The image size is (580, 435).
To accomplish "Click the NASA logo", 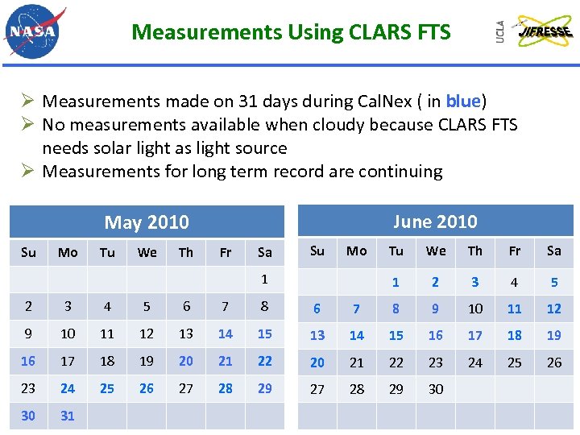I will [34, 32].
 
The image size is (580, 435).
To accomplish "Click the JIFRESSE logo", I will [544, 32].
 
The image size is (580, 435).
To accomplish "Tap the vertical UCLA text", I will [500, 32].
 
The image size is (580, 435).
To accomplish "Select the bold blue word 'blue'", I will [462, 101].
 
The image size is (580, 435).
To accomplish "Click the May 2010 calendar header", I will [147, 222].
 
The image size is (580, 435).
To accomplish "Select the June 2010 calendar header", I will [435, 222].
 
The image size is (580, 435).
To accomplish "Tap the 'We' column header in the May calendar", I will [147, 253].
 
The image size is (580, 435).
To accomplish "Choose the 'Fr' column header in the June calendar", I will [515, 251].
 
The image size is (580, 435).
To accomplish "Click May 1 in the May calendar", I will [264, 280].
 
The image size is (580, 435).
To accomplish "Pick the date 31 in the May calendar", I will [68, 416].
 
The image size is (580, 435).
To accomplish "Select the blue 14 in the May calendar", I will [226, 333].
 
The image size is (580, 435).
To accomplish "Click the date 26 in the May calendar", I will [147, 388].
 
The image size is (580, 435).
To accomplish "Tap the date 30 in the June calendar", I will [436, 389].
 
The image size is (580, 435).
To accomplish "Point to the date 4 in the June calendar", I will [515, 282].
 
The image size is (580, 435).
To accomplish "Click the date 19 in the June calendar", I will [554, 335].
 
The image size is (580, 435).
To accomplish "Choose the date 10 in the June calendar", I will [475, 309].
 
